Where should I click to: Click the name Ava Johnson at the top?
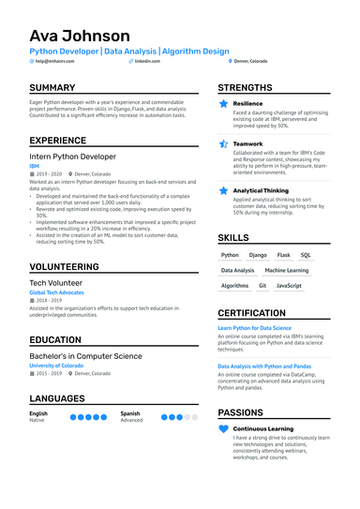click(x=80, y=37)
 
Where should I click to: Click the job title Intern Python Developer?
click(x=73, y=157)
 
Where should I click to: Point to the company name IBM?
click(x=35, y=166)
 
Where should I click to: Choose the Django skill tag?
click(x=258, y=255)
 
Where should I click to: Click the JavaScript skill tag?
click(x=290, y=285)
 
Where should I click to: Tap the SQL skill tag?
click(x=306, y=255)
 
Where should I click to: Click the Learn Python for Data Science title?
click(x=255, y=328)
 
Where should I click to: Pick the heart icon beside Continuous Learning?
click(x=223, y=428)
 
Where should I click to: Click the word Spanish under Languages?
click(x=130, y=412)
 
